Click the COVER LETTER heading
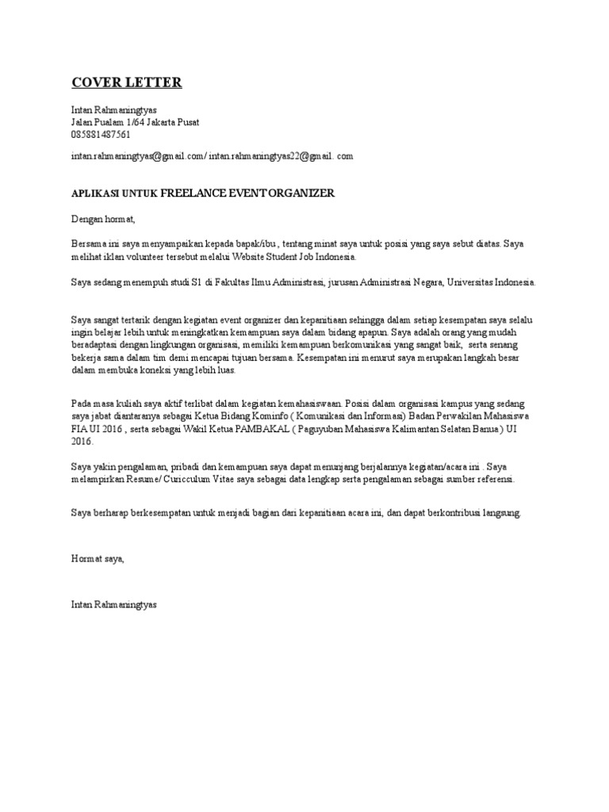pyautogui.click(x=127, y=82)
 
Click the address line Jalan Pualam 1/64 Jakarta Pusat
pyautogui.click(x=135, y=122)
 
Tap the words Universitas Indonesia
pyautogui.click(x=492, y=282)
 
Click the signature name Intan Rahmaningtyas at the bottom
pyautogui.click(x=114, y=604)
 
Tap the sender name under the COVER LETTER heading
pyautogui.click(x=114, y=109)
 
